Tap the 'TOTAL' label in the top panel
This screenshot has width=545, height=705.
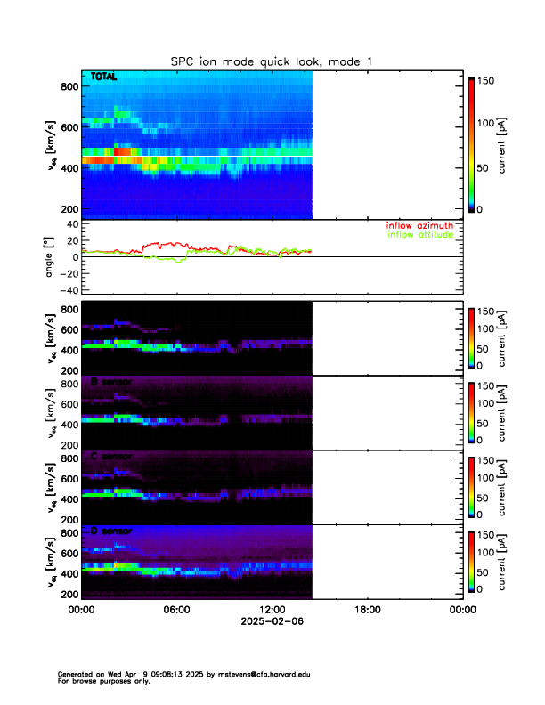(104, 77)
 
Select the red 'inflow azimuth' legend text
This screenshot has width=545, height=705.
(419, 226)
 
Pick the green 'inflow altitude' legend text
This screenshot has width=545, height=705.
(419, 235)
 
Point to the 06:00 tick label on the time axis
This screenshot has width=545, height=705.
(176, 610)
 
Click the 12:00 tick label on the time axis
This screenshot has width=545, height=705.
(272, 610)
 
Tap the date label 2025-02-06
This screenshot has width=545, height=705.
(272, 622)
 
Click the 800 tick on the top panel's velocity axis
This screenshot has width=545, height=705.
(68, 86)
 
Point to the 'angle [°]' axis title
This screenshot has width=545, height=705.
(52, 256)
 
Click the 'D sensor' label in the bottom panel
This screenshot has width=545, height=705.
(110, 531)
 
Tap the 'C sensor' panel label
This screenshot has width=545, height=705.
(110, 457)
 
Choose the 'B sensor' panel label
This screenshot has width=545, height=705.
(110, 382)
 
